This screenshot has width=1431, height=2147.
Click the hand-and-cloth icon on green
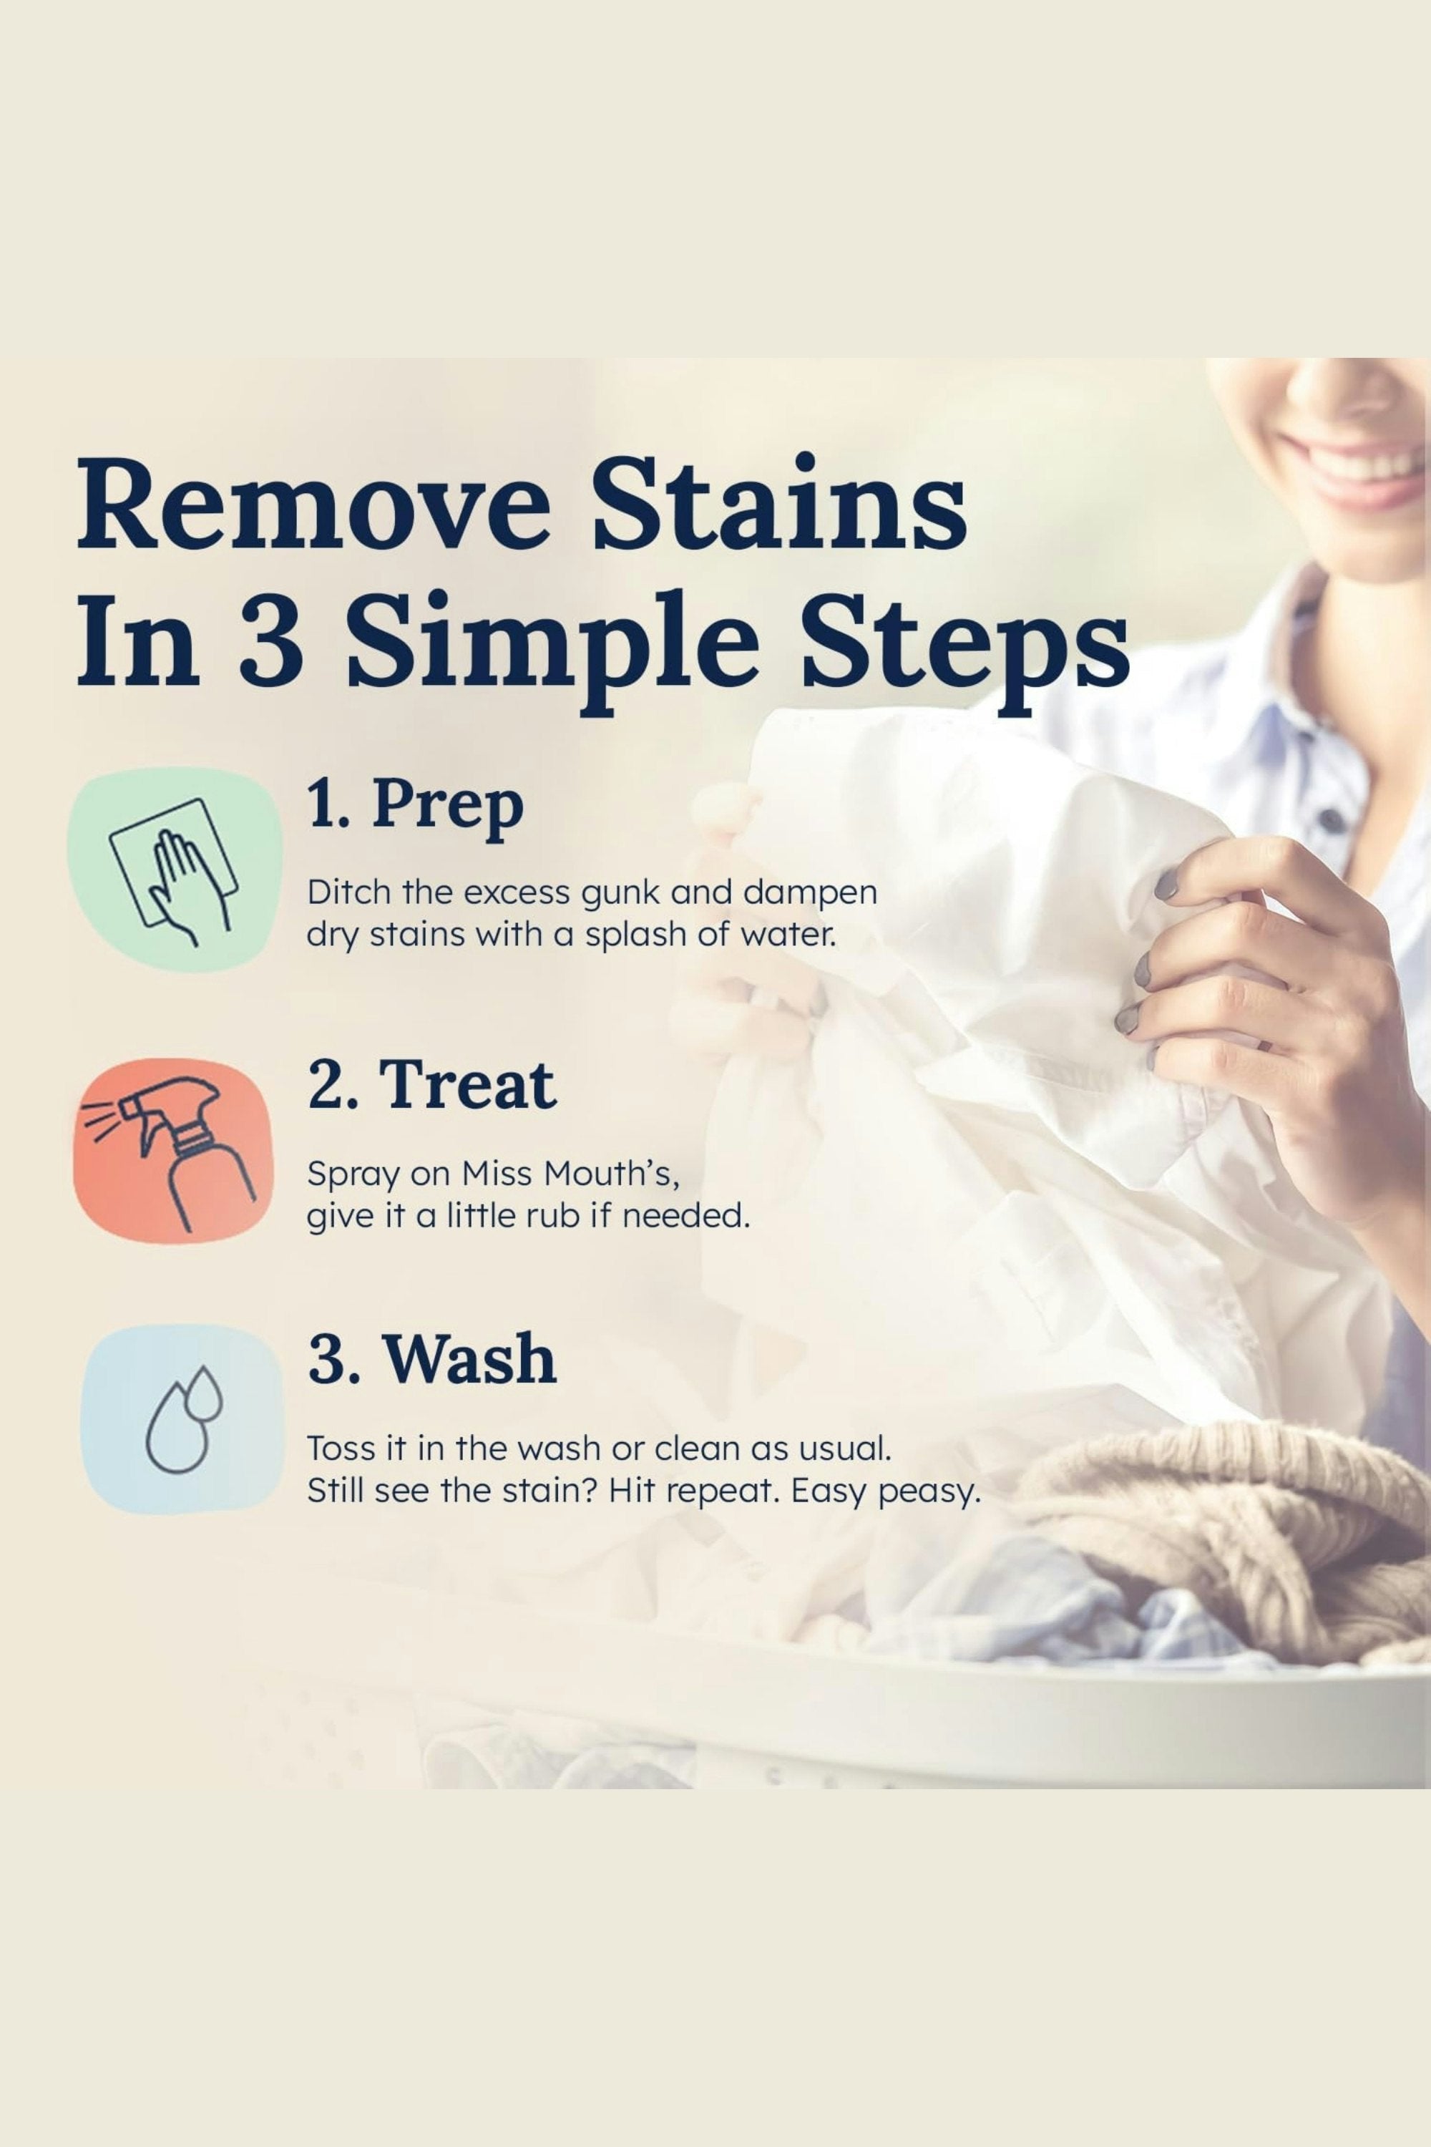[173, 869]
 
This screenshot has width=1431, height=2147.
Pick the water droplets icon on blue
[183, 1419]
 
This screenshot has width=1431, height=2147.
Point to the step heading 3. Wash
[431, 1358]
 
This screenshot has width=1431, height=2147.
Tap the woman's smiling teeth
[1354, 460]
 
